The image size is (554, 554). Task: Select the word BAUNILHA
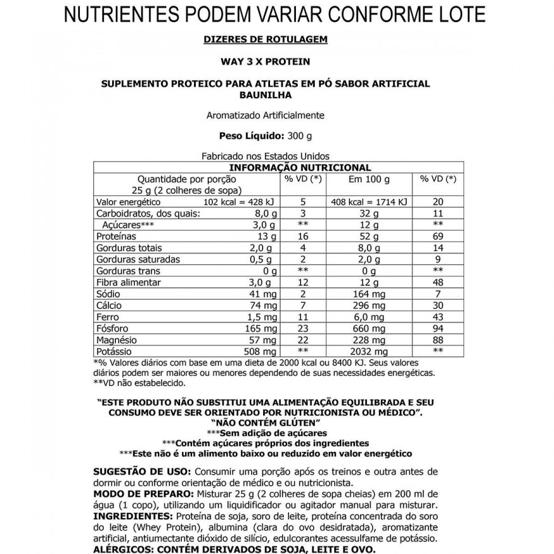click(x=266, y=94)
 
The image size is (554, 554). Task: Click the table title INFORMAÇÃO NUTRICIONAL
click(x=300, y=167)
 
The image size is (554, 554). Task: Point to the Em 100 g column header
click(x=369, y=179)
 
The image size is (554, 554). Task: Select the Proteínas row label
click(x=116, y=236)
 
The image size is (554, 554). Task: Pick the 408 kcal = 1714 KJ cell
click(x=369, y=202)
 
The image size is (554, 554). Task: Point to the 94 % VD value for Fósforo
click(x=438, y=329)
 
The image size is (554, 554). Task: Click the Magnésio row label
click(x=117, y=340)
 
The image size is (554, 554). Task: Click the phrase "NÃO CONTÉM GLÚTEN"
click(x=266, y=422)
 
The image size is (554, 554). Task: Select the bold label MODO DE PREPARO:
click(x=138, y=494)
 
